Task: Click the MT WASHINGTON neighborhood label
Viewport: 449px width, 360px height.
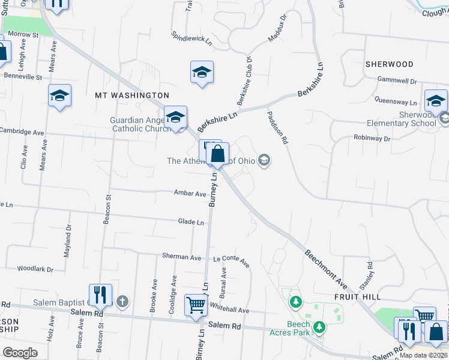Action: point(132,95)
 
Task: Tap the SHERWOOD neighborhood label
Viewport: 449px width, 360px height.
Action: point(389,64)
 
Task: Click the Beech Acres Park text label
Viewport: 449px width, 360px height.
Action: point(298,328)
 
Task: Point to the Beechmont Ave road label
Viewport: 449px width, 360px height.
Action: point(325,268)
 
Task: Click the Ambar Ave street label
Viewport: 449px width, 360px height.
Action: point(190,194)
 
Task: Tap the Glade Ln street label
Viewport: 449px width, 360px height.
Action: point(191,222)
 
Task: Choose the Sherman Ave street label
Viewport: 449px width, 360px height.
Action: point(181,256)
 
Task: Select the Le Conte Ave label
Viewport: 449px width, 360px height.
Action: point(231,260)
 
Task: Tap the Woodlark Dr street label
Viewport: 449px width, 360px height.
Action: point(35,269)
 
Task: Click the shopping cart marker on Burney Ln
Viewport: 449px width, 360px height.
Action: point(196,306)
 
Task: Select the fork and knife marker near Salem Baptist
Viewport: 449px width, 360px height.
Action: point(100,295)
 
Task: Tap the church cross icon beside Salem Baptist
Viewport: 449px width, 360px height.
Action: point(122,301)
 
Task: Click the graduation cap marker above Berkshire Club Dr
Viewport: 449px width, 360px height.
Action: point(202,73)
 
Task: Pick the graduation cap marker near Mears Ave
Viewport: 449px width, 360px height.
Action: point(60,96)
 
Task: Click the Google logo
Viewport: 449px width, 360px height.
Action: point(20,353)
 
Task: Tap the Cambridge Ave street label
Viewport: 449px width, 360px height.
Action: point(22,131)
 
